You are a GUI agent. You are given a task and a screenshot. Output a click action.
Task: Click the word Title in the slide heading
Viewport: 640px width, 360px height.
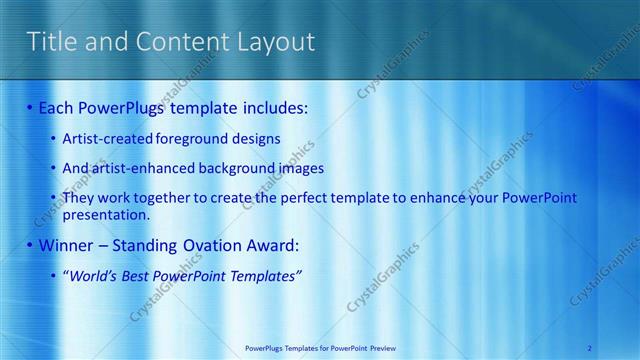[50, 42]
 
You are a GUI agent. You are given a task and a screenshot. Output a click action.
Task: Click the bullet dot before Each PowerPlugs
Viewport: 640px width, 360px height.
[30, 107]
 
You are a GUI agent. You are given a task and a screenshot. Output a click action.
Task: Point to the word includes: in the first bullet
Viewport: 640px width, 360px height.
[271, 107]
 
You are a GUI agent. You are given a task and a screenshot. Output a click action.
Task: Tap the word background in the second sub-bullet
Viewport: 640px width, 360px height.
[221, 168]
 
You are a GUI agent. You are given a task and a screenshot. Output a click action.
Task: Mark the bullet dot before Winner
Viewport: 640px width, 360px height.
[30, 245]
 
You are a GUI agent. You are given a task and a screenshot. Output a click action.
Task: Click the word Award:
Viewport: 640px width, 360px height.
[274, 245]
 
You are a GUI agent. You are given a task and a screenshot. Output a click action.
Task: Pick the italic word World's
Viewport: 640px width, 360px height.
[93, 275]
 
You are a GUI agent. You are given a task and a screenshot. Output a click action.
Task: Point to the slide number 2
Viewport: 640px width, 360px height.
[590, 347]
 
